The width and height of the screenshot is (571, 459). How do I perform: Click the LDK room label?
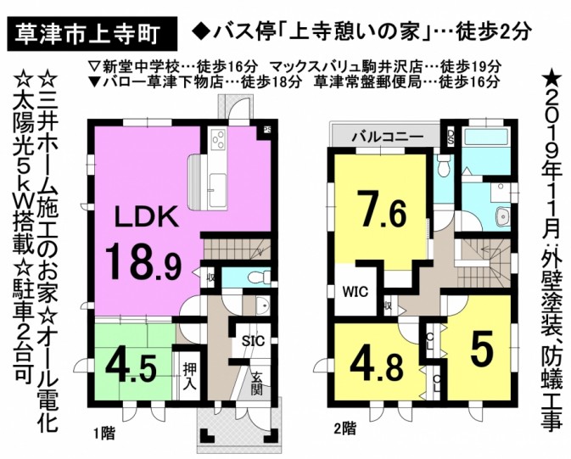point(147,219)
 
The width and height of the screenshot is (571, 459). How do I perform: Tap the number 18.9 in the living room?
point(143,261)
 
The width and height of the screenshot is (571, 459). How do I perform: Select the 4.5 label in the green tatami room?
point(132,368)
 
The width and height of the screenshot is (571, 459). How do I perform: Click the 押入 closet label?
point(190,377)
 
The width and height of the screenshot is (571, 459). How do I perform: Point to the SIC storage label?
point(253,341)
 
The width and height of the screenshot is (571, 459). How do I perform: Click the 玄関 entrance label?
point(256,383)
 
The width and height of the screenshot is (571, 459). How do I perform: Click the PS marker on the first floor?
point(267,129)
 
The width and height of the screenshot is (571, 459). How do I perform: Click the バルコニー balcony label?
point(388,137)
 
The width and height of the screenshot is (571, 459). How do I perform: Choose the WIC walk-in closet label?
point(355,293)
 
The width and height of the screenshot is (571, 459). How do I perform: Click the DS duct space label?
point(451,137)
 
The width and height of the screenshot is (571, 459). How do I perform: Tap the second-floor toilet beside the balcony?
point(444,165)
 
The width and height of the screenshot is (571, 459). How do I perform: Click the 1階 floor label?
point(105,434)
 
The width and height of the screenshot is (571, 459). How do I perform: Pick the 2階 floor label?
point(345,428)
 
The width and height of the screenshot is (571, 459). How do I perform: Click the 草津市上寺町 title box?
point(92,34)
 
